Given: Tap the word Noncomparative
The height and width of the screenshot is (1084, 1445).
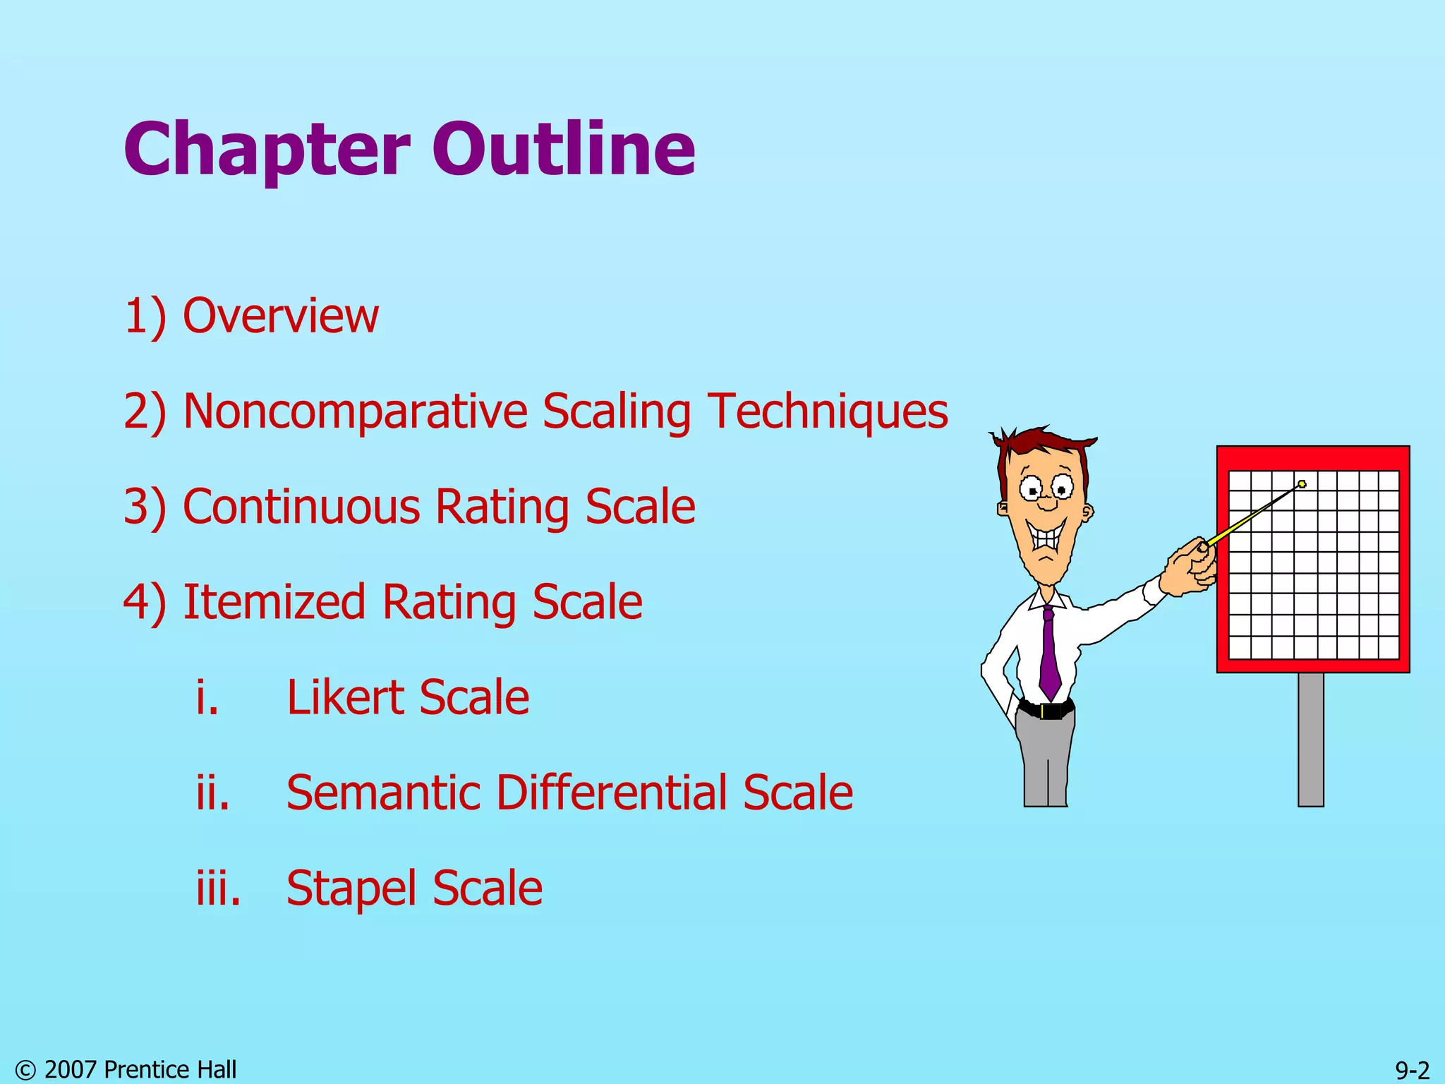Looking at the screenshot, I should [x=355, y=411].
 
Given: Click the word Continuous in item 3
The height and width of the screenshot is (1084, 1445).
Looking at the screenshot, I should [x=301, y=507].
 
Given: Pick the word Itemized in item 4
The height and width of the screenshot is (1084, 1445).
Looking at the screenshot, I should [x=274, y=602].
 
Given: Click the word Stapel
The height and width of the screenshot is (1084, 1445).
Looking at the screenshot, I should [x=351, y=888].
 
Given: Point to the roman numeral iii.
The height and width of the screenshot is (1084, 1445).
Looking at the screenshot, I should [x=218, y=888].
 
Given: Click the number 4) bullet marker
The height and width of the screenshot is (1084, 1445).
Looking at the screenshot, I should [x=145, y=602].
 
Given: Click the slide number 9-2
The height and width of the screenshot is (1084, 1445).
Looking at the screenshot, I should [x=1412, y=1070].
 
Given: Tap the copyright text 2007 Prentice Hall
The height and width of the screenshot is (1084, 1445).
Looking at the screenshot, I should [x=140, y=1070].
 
